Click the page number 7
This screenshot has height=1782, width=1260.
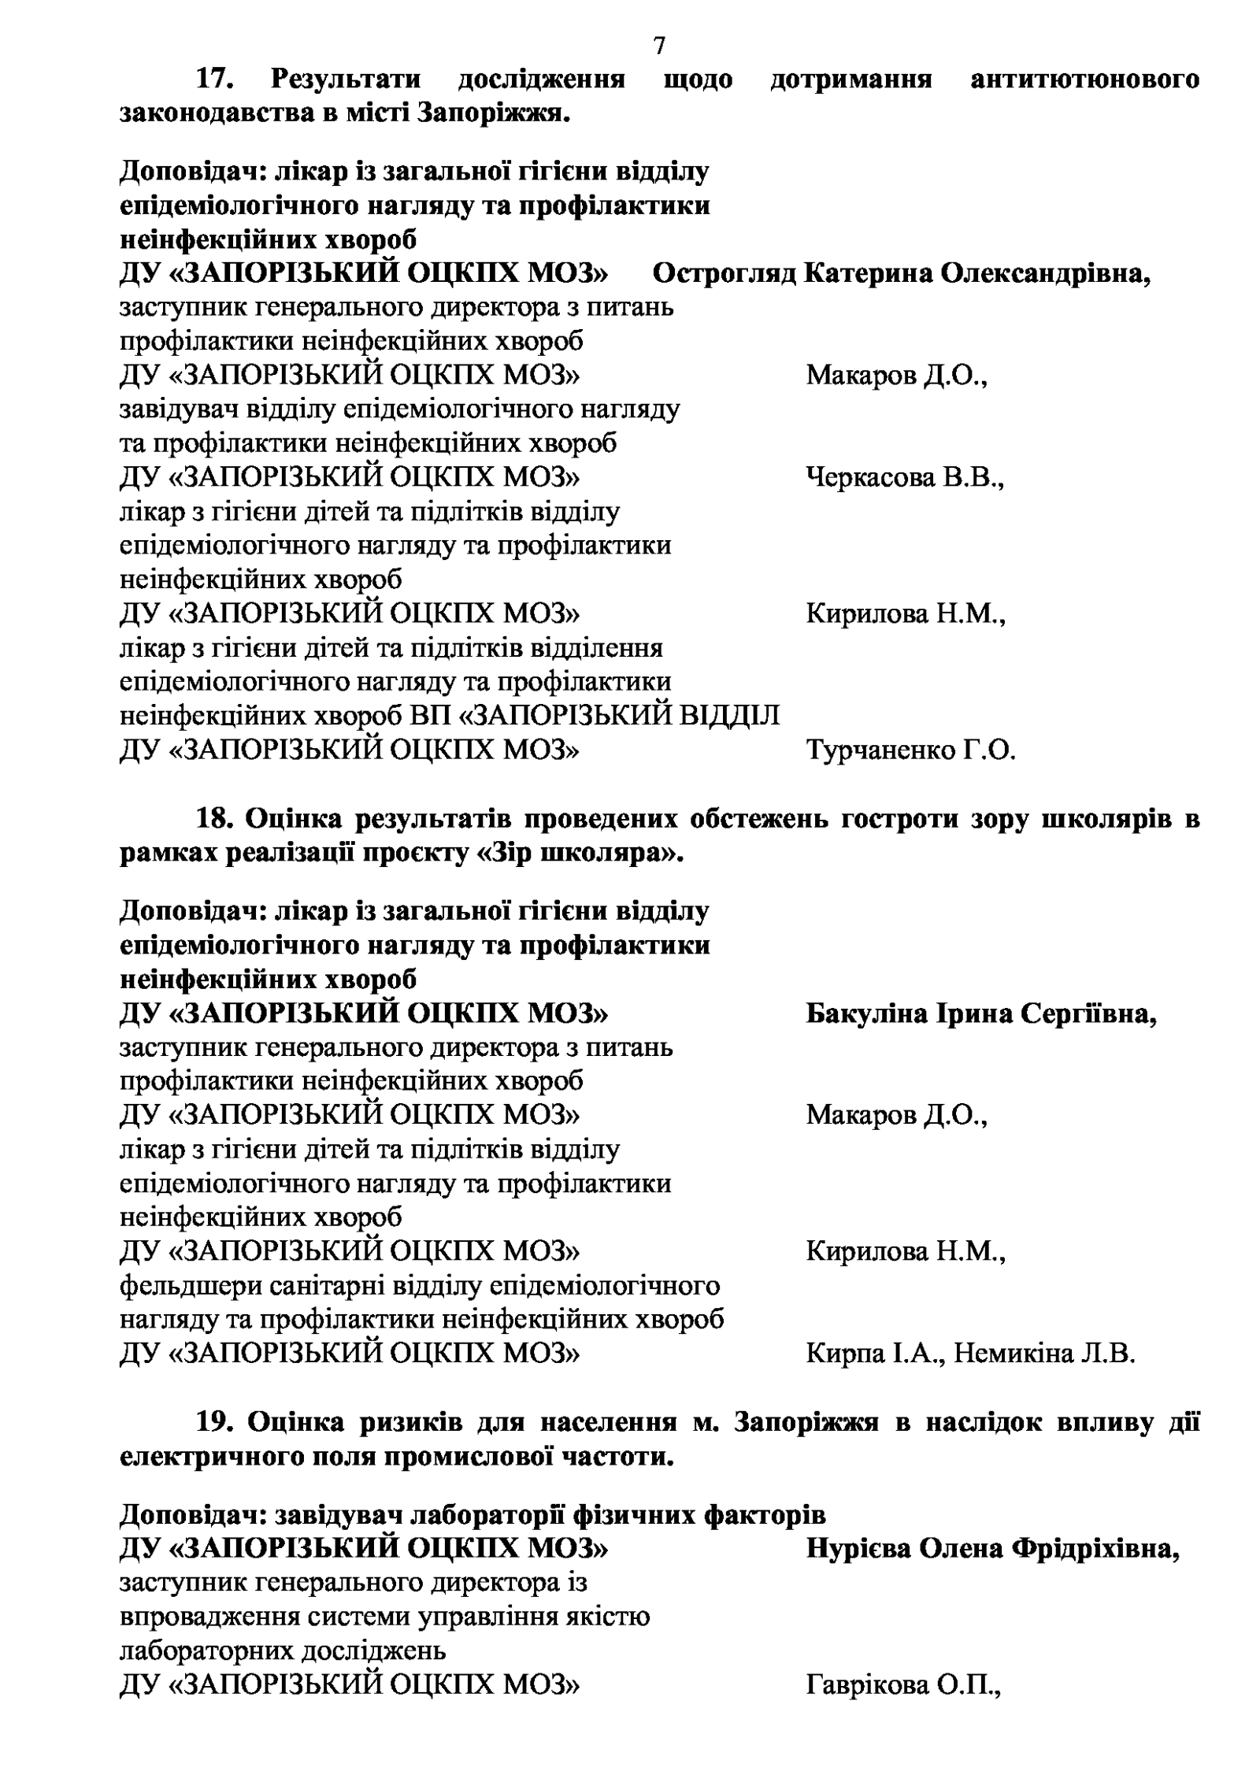click(x=659, y=47)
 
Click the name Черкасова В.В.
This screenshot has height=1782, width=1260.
click(x=905, y=477)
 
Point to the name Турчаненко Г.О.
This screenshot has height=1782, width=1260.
click(x=910, y=750)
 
